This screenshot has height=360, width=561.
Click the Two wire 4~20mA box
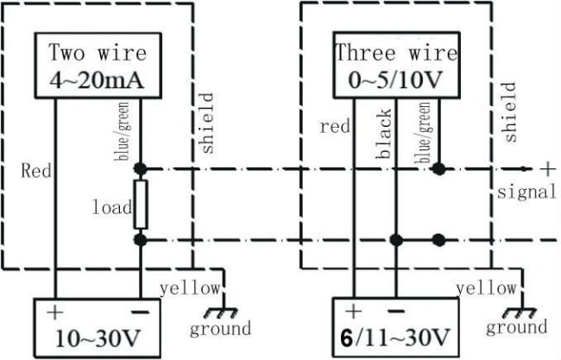tap(97, 65)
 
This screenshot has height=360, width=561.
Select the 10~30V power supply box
tap(97, 323)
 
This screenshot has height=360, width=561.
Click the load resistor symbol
tap(140, 204)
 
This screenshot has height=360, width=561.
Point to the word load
tap(113, 207)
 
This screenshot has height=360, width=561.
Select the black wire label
tap(384, 134)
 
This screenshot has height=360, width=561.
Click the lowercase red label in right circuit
tap(334, 127)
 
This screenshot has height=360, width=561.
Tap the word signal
tap(526, 193)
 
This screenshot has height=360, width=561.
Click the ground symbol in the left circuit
tap(211, 313)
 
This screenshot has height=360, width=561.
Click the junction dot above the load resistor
tap(140, 168)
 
